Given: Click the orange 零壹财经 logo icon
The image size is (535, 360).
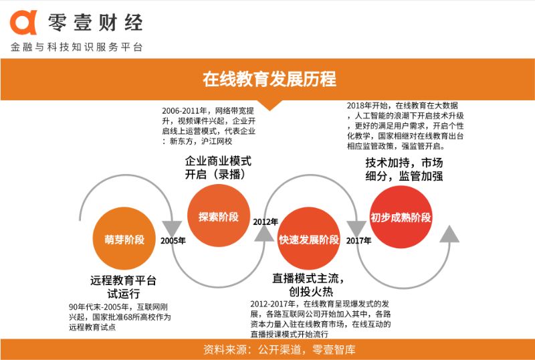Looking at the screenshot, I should (23, 23).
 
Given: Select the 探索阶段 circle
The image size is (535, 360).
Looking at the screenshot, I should (218, 216).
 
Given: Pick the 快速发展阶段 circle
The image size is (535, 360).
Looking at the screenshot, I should (308, 240).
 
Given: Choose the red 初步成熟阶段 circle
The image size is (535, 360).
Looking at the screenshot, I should (401, 217).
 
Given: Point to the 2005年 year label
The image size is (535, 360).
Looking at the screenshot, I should (173, 241).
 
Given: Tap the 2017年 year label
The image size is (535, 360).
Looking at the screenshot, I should (360, 241).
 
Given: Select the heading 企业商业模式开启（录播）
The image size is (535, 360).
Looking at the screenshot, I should (218, 168).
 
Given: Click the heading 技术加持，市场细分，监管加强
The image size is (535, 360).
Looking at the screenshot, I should (404, 169).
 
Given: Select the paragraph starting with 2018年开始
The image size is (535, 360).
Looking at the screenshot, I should (404, 125).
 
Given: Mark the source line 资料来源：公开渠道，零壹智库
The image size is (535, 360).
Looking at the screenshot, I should (267, 349).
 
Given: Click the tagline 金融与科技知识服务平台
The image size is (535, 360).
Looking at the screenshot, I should (76, 48).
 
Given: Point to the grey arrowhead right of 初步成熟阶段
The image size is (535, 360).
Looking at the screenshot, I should (449, 234).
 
